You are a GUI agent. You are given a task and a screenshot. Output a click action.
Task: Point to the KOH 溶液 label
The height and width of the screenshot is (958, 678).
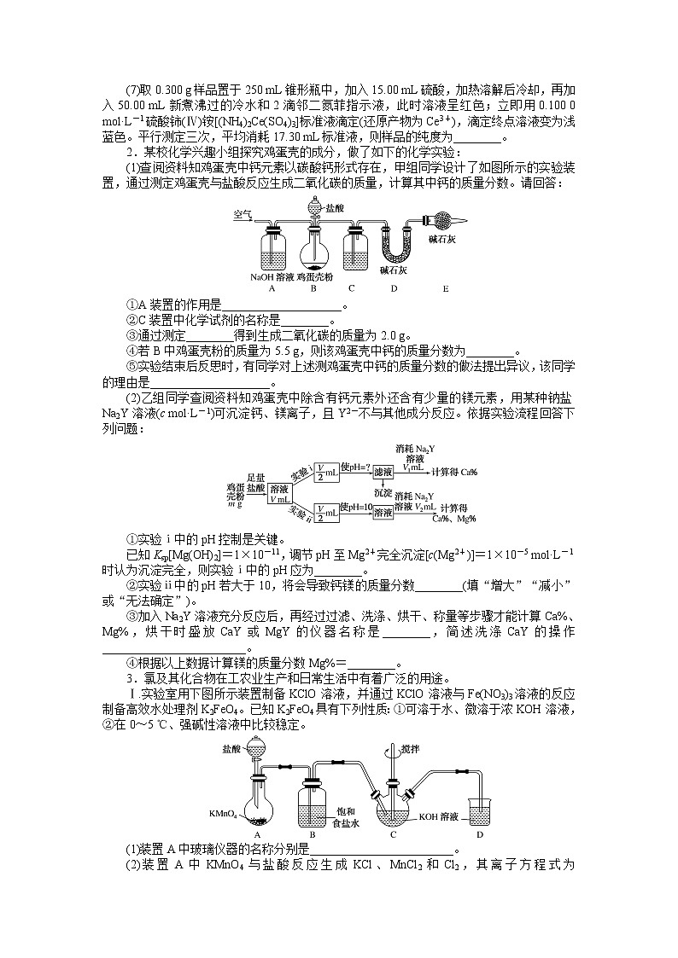[441, 816]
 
